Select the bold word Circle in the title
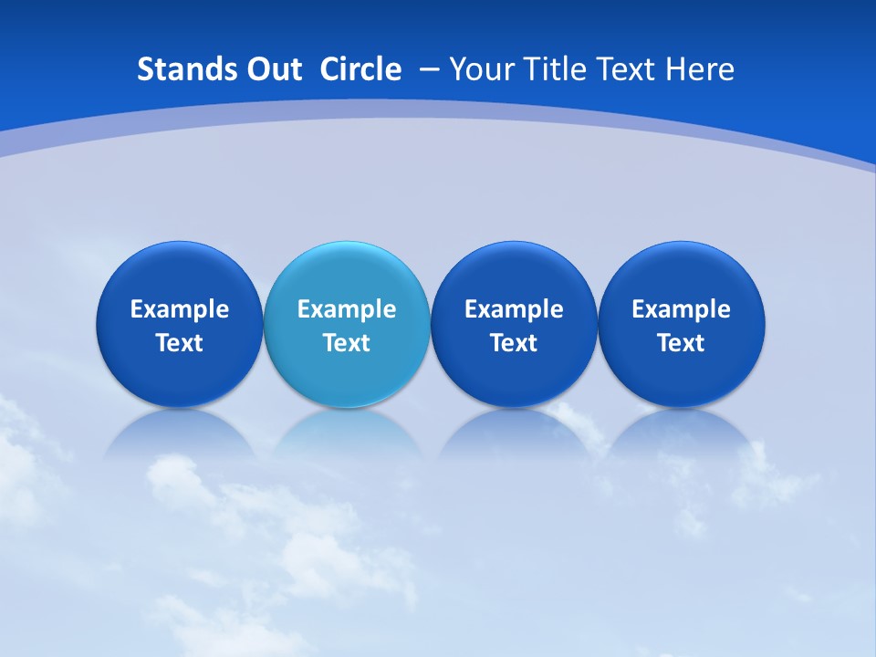pos(360,69)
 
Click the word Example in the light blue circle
pos(347,309)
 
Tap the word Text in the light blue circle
pos(347,343)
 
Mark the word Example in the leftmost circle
pos(179,309)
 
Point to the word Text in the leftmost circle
pos(179,343)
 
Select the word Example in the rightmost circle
pos(681,309)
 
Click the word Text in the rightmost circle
pos(681,343)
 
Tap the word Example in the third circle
pos(514,309)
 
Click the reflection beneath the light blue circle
pos(347,433)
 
